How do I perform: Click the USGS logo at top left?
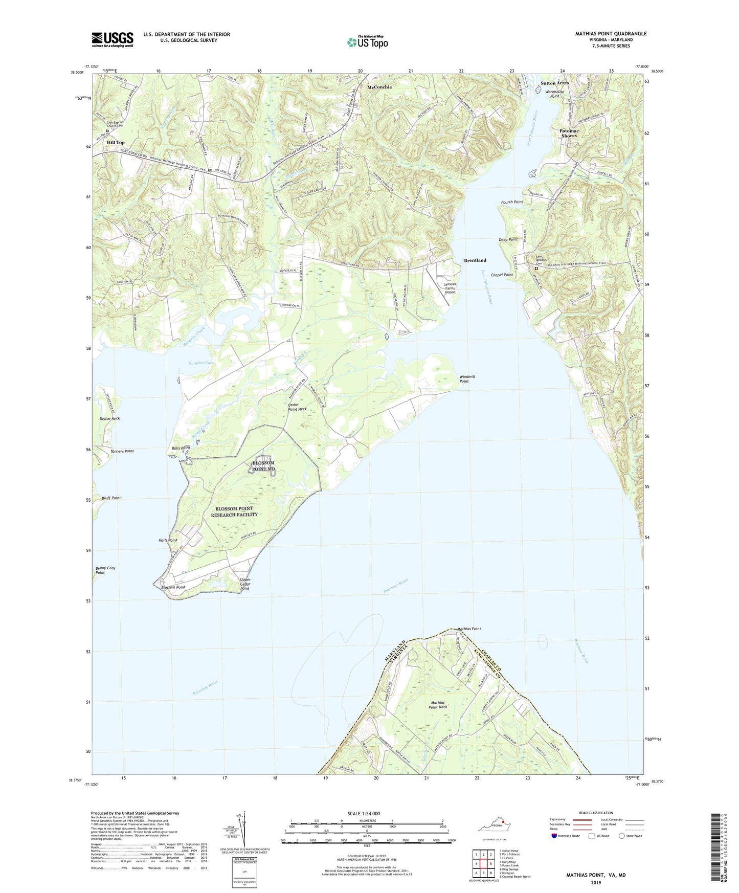coord(113,39)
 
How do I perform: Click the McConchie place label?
coord(379,87)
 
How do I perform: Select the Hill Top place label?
coord(116,143)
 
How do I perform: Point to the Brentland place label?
coord(475,260)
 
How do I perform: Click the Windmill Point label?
coord(467,379)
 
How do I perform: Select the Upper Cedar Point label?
coord(245,584)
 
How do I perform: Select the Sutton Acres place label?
coord(555,83)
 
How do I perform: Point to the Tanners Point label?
coord(122,451)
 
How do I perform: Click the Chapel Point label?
coord(502,275)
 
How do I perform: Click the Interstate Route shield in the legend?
coord(555,836)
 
